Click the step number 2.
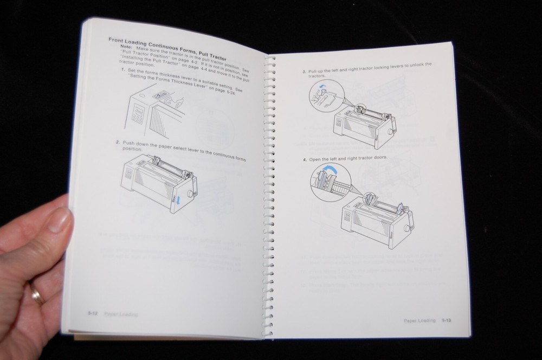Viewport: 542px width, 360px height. pos(117,143)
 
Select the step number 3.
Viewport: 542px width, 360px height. pos(304,72)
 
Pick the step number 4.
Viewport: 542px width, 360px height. pos(304,159)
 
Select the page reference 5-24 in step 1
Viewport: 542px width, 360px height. pos(228,93)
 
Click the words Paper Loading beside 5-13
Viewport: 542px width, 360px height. pos(420,321)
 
